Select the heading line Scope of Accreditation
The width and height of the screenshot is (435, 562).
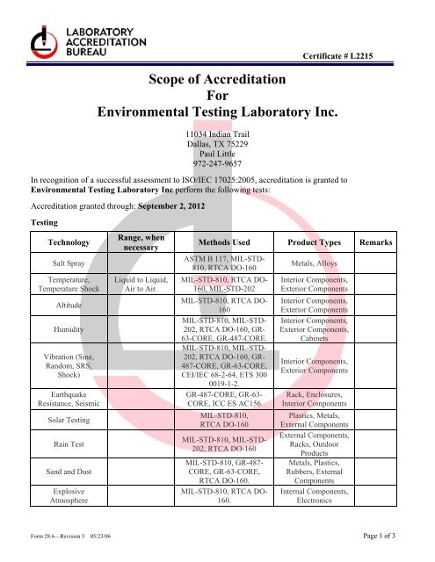[217, 80]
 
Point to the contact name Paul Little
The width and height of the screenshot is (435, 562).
[217, 153]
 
